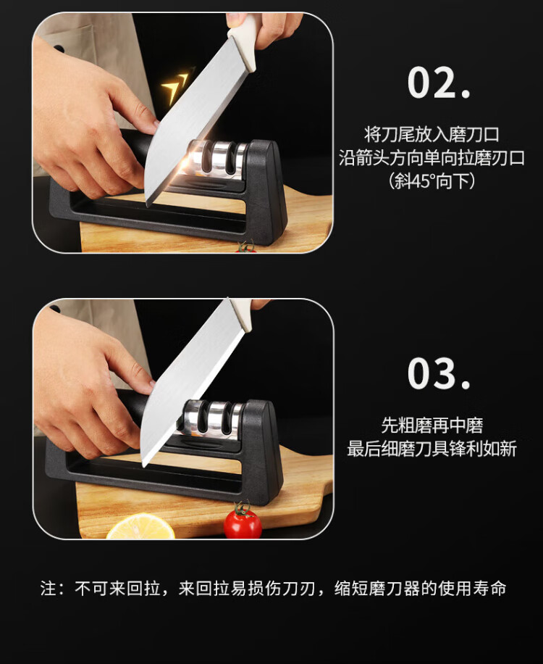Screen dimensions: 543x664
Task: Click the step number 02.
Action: pyautogui.click(x=439, y=83)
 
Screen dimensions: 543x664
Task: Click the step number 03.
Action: pyautogui.click(x=439, y=373)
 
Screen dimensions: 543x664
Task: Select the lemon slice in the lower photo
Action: pyautogui.click(x=140, y=527)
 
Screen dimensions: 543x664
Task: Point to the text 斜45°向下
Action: pyautogui.click(x=432, y=181)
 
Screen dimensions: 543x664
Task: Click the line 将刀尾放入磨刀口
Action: pyautogui.click(x=432, y=135)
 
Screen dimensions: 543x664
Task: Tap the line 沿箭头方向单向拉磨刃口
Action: pyautogui.click(x=432, y=158)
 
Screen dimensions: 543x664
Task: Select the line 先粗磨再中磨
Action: pyautogui.click(x=432, y=426)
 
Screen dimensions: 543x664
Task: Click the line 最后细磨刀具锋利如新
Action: pyautogui.click(x=432, y=449)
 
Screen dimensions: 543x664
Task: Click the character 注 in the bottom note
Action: pyautogui.click(x=49, y=588)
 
